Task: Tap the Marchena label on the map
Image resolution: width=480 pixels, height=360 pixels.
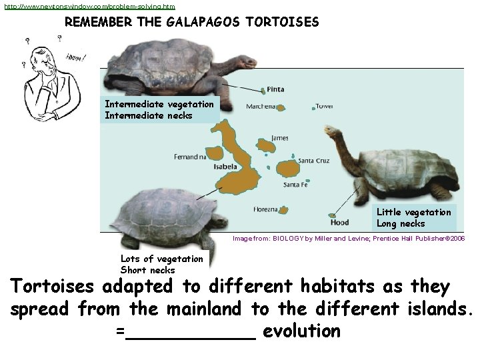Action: [x=261, y=107]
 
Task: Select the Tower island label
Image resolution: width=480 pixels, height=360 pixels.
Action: [x=325, y=106]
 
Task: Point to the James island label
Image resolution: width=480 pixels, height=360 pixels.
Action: [x=280, y=138]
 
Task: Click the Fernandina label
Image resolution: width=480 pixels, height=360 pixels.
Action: [x=191, y=157]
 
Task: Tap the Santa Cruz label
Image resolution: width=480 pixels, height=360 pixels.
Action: [x=313, y=161]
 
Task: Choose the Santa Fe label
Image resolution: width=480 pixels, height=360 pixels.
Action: [x=295, y=185]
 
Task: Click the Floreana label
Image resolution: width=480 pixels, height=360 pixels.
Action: [x=265, y=209]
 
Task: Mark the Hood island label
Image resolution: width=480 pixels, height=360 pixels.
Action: [x=339, y=223]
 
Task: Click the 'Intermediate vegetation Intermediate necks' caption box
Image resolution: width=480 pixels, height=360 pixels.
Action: [x=159, y=110]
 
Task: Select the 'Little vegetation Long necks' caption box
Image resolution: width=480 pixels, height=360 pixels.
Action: [x=414, y=218]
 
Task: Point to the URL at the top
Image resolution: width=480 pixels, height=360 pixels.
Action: [x=89, y=6]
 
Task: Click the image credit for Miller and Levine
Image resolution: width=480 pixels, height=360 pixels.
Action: [x=348, y=238]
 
